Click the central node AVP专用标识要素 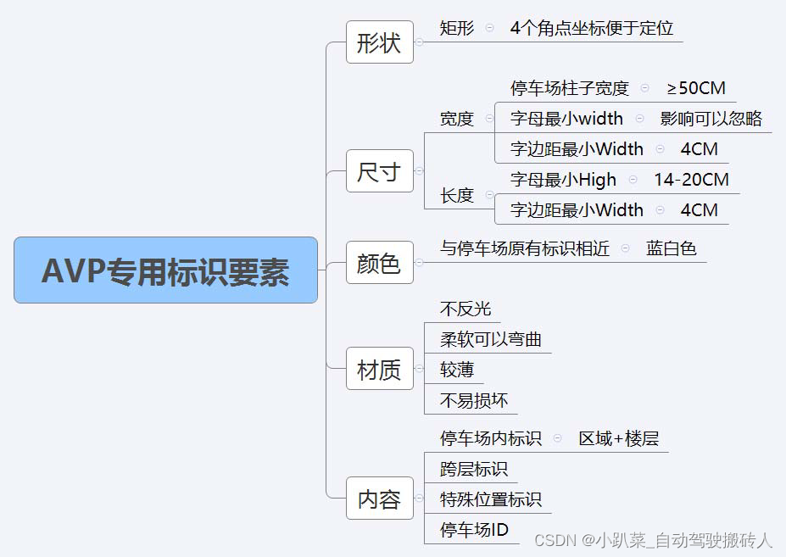(x=165, y=270)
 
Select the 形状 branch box (x=379, y=42)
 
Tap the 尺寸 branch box (x=379, y=171)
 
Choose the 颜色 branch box (x=379, y=263)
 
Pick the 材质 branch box (x=379, y=369)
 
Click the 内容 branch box (x=379, y=499)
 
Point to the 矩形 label (x=457, y=28)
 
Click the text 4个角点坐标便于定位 (x=592, y=28)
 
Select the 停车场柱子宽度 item (x=570, y=88)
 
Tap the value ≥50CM (x=695, y=88)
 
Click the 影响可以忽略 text (x=711, y=119)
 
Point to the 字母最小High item (x=563, y=180)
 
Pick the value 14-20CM (x=691, y=180)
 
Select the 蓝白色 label (x=671, y=248)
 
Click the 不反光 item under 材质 (x=465, y=309)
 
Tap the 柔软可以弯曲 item (x=491, y=339)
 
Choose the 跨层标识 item (x=474, y=469)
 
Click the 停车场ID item (x=474, y=530)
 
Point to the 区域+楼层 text (x=619, y=438)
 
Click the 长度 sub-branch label (x=457, y=195)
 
